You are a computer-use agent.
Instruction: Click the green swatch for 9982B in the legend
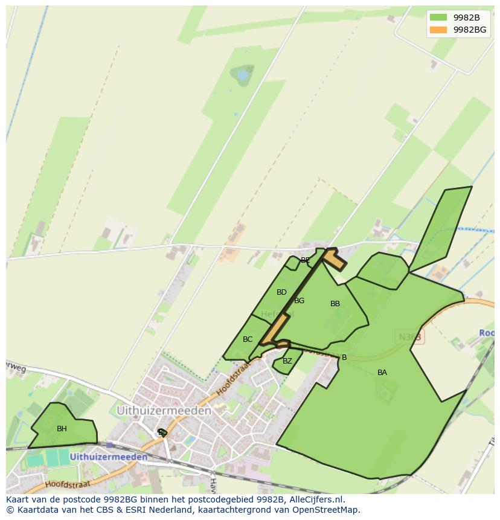(x=438, y=18)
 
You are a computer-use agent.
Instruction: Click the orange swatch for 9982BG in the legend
(x=438, y=30)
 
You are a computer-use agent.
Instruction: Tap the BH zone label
(x=62, y=429)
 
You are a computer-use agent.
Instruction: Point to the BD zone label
(x=281, y=292)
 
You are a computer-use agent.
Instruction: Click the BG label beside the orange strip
(x=299, y=301)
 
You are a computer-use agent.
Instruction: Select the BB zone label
(x=335, y=304)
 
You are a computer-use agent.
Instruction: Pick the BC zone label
(x=248, y=339)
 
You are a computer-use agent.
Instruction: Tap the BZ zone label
(x=287, y=361)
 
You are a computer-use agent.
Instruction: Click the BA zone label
(x=382, y=373)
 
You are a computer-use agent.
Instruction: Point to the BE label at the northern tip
(x=305, y=260)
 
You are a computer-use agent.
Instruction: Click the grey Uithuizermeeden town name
(x=164, y=411)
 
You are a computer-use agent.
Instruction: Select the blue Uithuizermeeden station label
(x=109, y=457)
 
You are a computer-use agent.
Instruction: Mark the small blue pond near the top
(x=243, y=75)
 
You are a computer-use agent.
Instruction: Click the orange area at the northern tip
(x=334, y=259)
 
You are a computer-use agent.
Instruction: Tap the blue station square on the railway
(x=109, y=445)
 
